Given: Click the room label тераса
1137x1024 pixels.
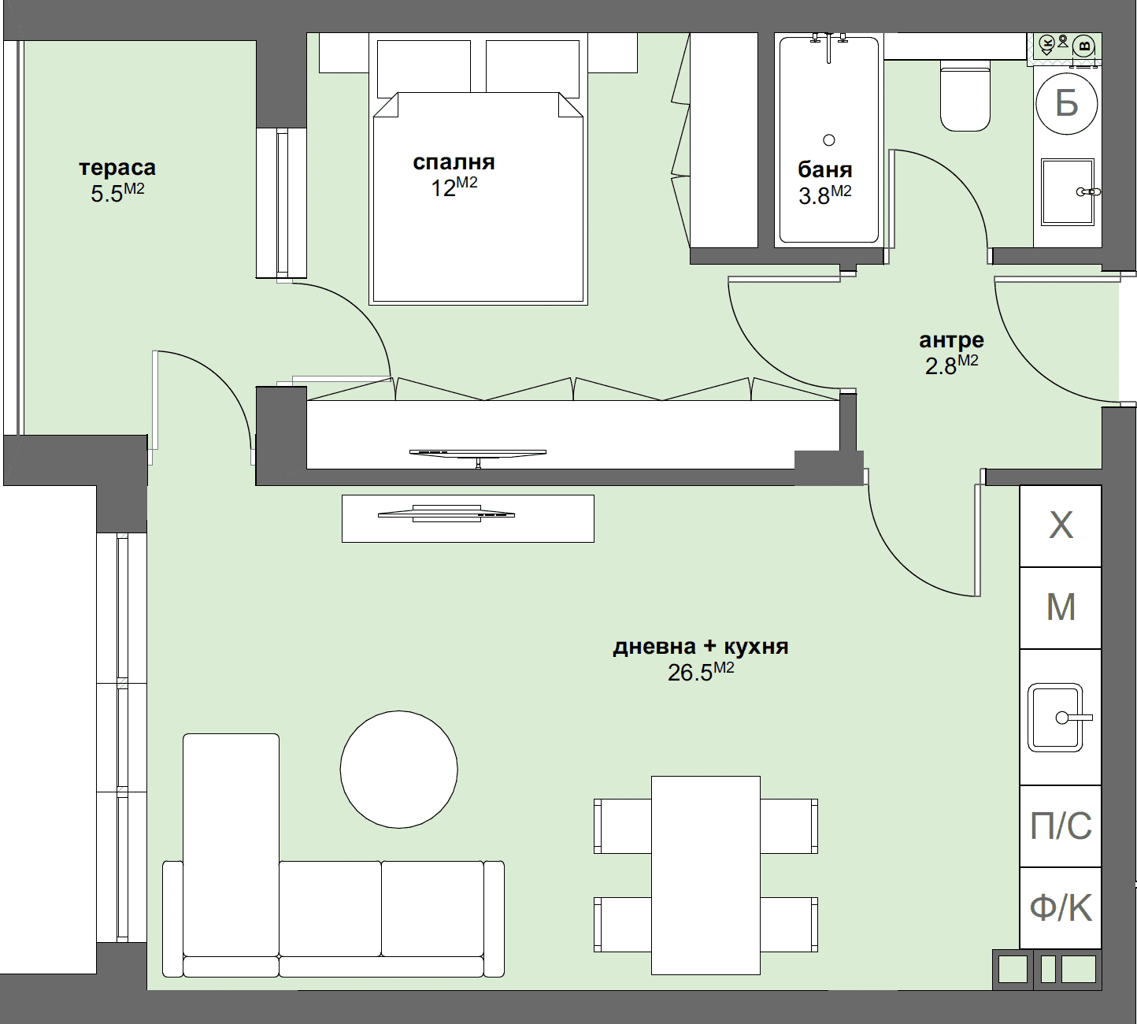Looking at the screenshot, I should point(117,168).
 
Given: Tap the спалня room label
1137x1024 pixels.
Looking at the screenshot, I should point(454,162).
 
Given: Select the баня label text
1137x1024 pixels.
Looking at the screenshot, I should point(824,169).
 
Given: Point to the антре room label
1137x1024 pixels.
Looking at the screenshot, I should point(951,340).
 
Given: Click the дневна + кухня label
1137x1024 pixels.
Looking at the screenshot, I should point(700,647).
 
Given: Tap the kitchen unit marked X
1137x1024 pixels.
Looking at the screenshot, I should point(1060,525).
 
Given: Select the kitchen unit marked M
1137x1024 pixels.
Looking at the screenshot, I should point(1060,607).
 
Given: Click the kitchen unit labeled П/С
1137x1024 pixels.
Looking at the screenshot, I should point(1060,826).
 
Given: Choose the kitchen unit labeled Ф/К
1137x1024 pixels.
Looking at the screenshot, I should point(1060,908).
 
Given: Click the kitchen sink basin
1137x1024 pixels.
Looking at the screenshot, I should point(1055,718).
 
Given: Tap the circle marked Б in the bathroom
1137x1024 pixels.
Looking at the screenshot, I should point(1066,103).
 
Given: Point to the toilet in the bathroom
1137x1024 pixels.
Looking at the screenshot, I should point(965,98).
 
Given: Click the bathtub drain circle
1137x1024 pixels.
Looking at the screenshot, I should point(828,140).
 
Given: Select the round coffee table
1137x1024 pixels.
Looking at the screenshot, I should point(398,769).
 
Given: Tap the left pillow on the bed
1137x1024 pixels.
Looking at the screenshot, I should point(424,67).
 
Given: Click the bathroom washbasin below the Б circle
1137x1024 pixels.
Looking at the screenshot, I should point(1066,191).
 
